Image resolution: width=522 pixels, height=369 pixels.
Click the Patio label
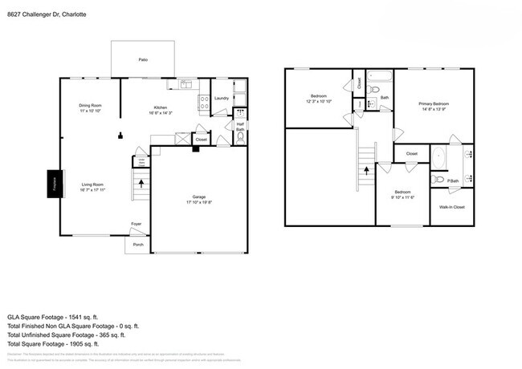(x=143, y=59)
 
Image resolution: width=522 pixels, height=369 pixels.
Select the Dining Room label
(x=90, y=106)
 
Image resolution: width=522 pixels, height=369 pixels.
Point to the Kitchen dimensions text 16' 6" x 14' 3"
(x=161, y=113)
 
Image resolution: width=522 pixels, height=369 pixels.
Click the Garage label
(x=198, y=197)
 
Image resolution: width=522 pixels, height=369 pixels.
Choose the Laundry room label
(x=222, y=99)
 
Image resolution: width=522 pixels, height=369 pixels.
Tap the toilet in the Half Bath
(x=239, y=137)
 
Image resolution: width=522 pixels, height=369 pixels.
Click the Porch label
(x=138, y=245)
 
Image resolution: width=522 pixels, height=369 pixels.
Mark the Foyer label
(x=137, y=224)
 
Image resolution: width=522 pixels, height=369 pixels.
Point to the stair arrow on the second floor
(x=366, y=170)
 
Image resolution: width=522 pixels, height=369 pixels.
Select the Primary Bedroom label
(x=433, y=103)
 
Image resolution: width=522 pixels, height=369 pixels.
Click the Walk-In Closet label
(x=451, y=207)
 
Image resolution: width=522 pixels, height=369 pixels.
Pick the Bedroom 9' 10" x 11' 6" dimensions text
(x=402, y=197)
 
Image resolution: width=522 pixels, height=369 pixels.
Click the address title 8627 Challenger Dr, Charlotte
(x=48, y=14)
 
